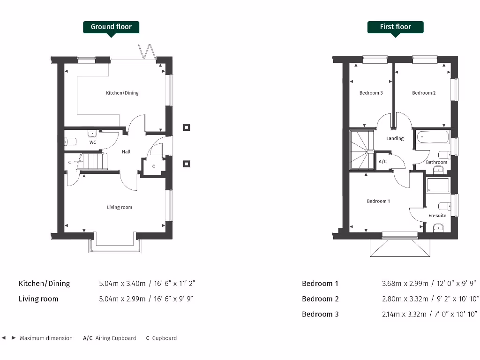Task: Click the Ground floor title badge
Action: pos(111,27)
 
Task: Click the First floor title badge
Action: pos(395,27)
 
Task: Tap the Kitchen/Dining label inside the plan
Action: pos(122,93)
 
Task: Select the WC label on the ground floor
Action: pos(93,142)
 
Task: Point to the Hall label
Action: pos(126,152)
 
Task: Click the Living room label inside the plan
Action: pos(120,207)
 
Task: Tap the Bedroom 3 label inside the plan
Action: pos(371,93)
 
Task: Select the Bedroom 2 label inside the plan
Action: pos(424,93)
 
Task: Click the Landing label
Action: pos(395,138)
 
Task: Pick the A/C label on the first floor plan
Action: pos(382,161)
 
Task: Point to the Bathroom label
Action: pos(436,162)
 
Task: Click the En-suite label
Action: pos(437,216)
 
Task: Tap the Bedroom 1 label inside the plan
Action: pos(378,201)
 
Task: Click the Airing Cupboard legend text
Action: pos(116,338)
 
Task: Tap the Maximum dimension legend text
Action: pos(46,338)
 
